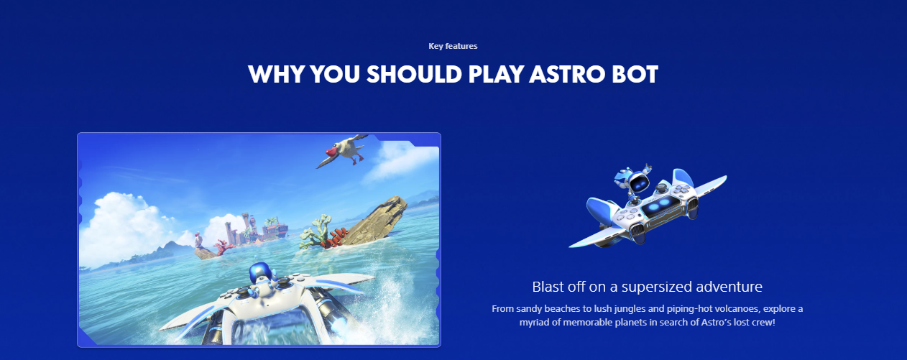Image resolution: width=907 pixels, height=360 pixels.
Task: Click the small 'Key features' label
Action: pyautogui.click(x=453, y=46)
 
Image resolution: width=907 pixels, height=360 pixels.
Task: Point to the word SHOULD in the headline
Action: pyautogui.click(x=414, y=74)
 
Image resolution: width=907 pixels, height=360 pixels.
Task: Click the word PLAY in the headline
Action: pyautogui.click(x=495, y=74)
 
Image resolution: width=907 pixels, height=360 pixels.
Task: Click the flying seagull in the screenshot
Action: pyautogui.click(x=344, y=151)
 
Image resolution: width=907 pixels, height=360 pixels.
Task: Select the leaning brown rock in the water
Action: pyautogui.click(x=377, y=221)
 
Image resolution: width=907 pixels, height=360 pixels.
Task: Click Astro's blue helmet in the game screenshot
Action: pyautogui.click(x=259, y=273)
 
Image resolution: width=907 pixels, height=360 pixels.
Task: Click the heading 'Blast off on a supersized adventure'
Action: pyautogui.click(x=647, y=287)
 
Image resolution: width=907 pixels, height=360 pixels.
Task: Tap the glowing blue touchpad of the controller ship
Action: pyautogui.click(x=657, y=208)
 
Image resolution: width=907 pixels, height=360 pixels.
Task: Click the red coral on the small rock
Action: pyautogui.click(x=337, y=238)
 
